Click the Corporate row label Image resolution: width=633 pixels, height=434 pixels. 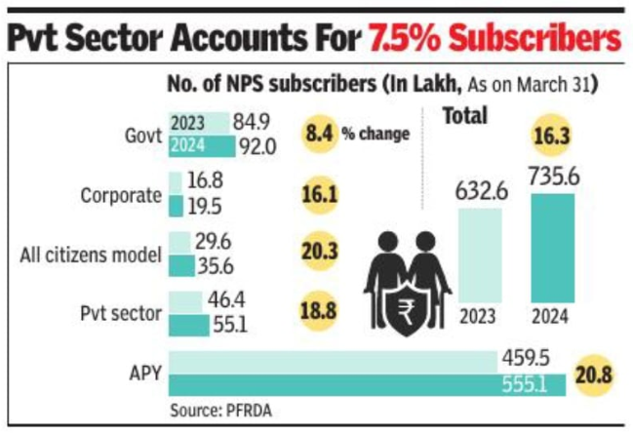pos(121,195)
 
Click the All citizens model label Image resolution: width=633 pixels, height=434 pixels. pos(91,256)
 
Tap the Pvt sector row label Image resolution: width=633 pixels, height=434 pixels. pos(120,314)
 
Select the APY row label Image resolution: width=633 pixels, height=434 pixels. pos(141,371)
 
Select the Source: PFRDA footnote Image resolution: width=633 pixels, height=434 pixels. pos(218,408)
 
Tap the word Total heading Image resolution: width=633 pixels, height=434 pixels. pos(466,115)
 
